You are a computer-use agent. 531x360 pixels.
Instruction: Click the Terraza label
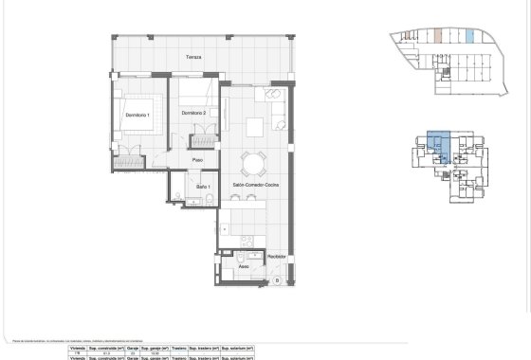(x=193, y=57)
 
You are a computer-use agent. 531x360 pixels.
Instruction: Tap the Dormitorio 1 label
(x=137, y=115)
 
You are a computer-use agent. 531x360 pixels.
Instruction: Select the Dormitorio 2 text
(x=193, y=114)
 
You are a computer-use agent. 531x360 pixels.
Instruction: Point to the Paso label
(x=198, y=160)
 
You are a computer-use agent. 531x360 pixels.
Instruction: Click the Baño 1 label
(x=203, y=187)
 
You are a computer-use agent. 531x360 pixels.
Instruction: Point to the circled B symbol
(x=277, y=281)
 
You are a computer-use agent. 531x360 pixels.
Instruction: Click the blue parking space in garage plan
(x=471, y=37)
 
